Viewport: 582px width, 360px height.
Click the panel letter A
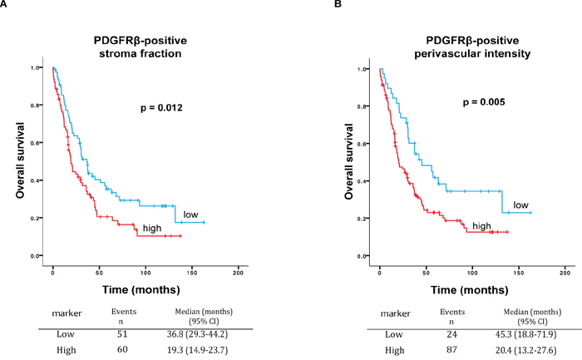pyautogui.click(x=5, y=5)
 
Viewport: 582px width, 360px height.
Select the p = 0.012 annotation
pyautogui.click(x=160, y=107)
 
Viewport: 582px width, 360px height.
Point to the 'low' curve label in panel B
pyautogui.click(x=520, y=205)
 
